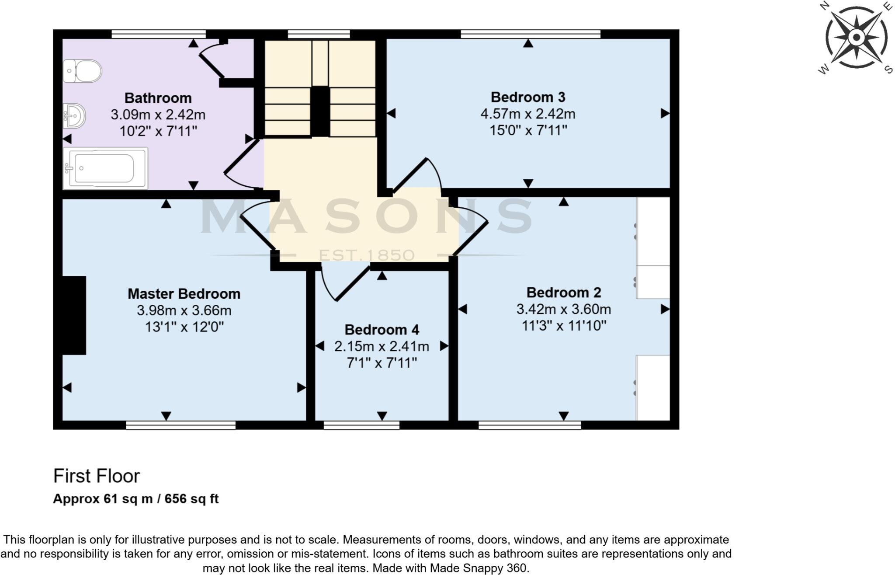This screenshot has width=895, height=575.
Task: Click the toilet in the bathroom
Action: [83, 71]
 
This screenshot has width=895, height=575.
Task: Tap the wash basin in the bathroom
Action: [74, 116]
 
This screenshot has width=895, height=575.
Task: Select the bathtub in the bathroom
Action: [105, 168]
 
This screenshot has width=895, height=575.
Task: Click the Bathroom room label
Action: [158, 98]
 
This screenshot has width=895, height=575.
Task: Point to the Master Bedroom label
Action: [184, 293]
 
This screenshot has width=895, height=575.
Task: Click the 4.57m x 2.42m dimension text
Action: [528, 114]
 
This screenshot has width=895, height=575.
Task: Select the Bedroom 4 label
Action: [382, 329]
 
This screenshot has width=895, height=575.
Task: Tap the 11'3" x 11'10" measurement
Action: [564, 325]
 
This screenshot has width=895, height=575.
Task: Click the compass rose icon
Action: [856, 37]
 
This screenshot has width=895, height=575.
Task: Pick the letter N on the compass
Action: [824, 6]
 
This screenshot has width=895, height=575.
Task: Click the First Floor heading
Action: [96, 476]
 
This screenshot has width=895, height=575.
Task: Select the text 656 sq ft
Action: [191, 498]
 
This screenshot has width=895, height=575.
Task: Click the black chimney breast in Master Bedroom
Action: [74, 315]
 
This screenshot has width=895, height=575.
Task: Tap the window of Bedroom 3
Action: [530, 34]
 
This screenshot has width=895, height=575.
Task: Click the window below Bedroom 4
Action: [361, 425]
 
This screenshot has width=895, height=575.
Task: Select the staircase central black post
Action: [320, 112]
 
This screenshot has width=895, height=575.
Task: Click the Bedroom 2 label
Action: [563, 292]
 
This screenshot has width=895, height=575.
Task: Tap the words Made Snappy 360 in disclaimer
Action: [479, 568]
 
